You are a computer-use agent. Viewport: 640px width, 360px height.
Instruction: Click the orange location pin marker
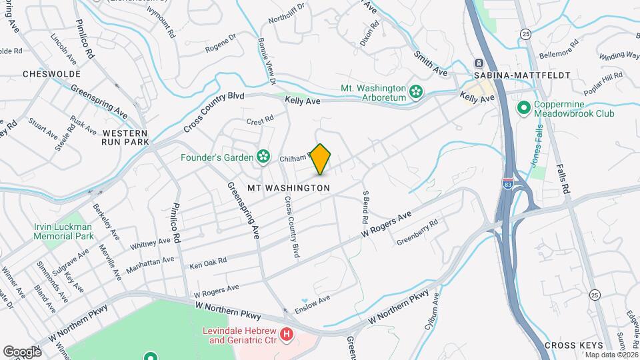tap(321, 159)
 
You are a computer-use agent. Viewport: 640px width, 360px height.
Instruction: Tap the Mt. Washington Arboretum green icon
tap(417, 91)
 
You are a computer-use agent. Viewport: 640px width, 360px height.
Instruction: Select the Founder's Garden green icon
tap(264, 157)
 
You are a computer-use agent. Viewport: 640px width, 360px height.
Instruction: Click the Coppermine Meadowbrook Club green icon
tap(524, 107)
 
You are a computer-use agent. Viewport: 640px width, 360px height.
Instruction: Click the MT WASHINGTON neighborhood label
tap(288, 188)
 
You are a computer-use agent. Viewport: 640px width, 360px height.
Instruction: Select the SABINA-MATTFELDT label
tap(522, 75)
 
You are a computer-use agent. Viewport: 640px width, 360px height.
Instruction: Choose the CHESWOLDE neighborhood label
tap(51, 74)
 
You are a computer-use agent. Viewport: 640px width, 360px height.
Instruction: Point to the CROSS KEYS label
tap(573, 345)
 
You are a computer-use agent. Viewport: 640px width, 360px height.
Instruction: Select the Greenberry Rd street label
tap(417, 232)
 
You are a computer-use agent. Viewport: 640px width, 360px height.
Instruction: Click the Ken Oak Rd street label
tap(208, 263)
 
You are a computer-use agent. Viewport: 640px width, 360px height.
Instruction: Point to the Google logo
tap(22, 352)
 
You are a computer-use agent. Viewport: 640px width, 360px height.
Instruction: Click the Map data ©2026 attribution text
tap(609, 354)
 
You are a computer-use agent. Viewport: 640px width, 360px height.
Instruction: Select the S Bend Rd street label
tap(365, 206)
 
